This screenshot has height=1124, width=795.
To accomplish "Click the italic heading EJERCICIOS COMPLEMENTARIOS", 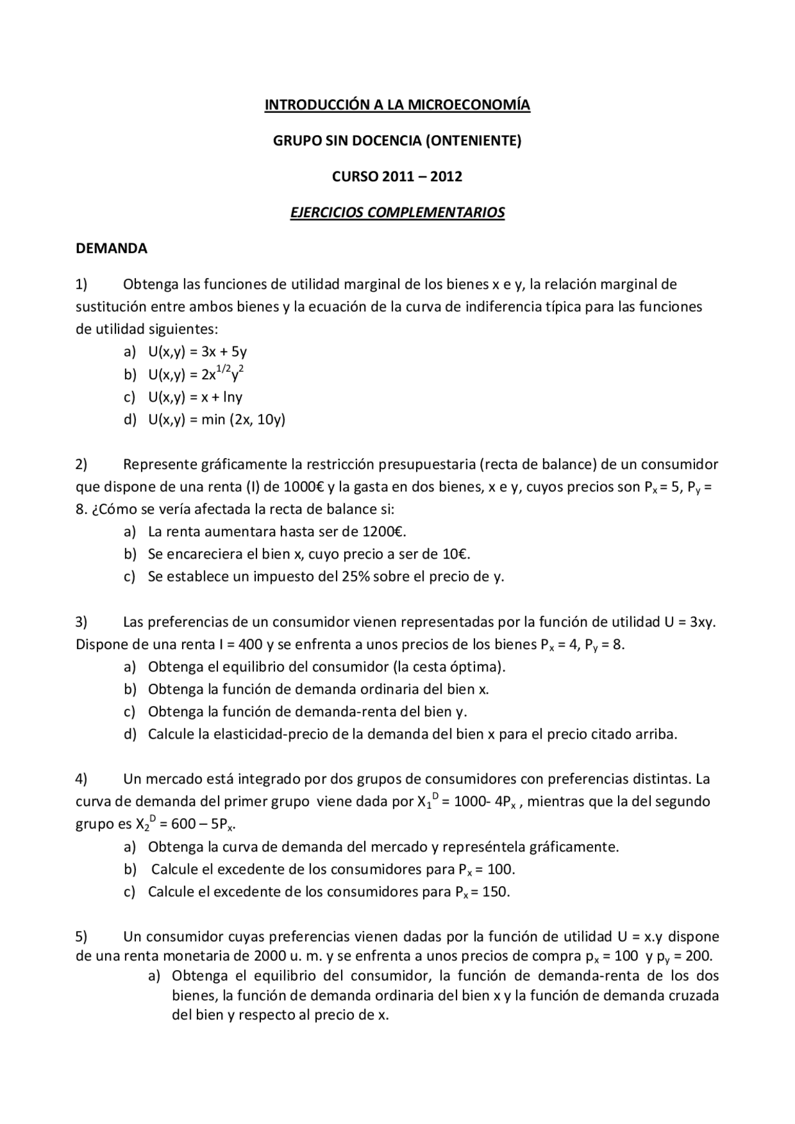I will pos(397,213).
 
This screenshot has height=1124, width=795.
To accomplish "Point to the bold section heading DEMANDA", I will pos(111,249).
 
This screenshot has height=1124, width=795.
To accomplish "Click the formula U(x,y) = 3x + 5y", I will pos(198,352).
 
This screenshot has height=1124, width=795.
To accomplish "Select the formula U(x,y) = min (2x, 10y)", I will pos(216,420).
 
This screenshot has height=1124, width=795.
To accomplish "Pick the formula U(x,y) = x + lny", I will pos(195,397).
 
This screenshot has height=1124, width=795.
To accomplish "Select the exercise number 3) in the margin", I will pos(81,622).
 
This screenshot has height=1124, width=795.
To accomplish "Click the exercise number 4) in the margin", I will pos(81,779).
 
